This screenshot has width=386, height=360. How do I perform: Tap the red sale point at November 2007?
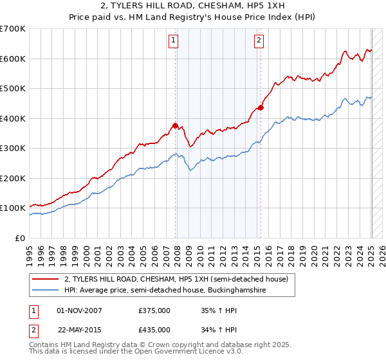point(175,125)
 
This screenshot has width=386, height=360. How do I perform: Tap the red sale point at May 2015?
point(261,107)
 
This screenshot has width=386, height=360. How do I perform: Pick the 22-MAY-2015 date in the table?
point(80,330)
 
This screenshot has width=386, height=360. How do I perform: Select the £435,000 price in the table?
point(154,330)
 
